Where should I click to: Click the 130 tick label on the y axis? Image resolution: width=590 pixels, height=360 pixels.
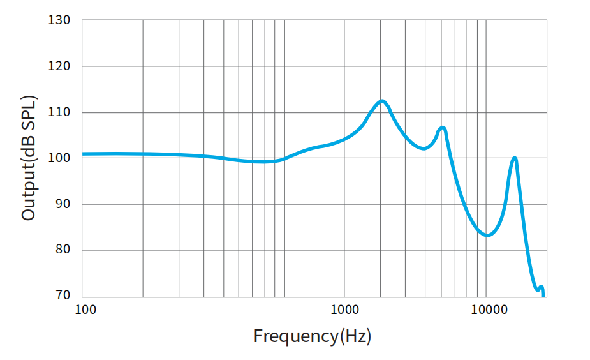(x=59, y=20)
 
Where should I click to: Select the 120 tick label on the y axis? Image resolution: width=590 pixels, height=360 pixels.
(x=59, y=66)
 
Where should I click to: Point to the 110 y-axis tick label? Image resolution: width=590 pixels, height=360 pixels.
(x=59, y=112)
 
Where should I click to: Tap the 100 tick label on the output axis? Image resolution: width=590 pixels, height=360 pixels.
(x=59, y=158)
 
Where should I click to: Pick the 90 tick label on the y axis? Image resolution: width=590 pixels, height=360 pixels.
(x=62, y=204)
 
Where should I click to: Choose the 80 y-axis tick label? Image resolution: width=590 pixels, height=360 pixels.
(x=62, y=250)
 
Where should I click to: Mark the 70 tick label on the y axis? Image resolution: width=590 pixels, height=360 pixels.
(x=62, y=296)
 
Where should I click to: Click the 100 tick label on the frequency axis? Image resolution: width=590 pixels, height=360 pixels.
(x=85, y=310)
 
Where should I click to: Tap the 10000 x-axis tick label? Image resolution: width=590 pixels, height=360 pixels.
(x=489, y=310)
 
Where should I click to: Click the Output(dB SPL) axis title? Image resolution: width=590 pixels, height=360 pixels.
(x=29, y=158)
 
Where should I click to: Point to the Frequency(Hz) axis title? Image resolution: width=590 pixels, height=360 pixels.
(x=312, y=336)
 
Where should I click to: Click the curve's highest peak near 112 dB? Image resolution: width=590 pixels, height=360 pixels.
(x=382, y=101)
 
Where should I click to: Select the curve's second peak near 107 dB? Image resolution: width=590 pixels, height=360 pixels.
(x=442, y=128)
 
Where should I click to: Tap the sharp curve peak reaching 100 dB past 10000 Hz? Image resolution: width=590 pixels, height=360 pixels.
(x=514, y=158)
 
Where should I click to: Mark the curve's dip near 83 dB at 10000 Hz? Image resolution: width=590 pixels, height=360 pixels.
(x=487, y=236)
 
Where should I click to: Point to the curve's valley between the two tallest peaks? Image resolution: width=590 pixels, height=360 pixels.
(x=424, y=148)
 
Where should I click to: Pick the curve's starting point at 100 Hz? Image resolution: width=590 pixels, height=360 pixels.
(x=84, y=154)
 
